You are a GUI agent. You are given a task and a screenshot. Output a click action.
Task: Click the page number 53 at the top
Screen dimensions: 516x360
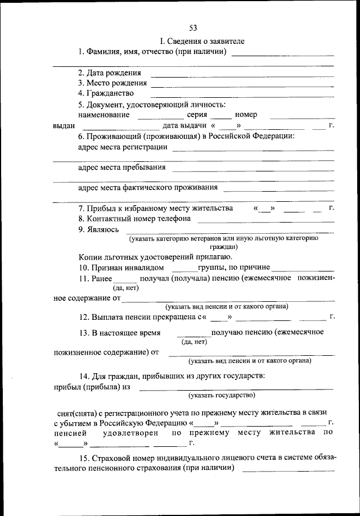[x=193, y=29]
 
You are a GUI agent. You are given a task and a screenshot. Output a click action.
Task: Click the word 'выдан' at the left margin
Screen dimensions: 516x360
[x=64, y=126]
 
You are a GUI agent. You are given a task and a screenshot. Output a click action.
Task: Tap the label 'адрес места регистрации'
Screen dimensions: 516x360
[x=122, y=147]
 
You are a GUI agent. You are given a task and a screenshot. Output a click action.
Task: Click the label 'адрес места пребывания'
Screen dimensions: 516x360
[x=121, y=168]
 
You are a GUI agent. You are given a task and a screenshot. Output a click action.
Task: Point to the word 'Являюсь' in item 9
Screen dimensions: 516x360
[x=91, y=229]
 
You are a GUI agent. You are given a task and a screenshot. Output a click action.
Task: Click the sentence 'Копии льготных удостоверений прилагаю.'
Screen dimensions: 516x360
[x=152, y=257]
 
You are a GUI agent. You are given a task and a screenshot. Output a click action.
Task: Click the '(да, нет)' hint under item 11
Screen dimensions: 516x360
[x=125, y=288]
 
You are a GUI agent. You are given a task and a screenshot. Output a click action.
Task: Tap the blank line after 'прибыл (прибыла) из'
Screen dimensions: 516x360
[x=236, y=388]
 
